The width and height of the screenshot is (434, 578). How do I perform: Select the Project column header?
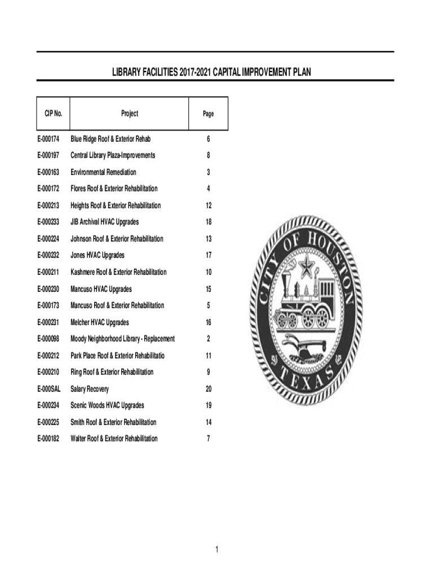pyautogui.click(x=129, y=113)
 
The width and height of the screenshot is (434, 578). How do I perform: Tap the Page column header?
pyautogui.click(x=209, y=114)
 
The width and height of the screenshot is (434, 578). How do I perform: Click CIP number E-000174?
pyautogui.click(x=49, y=139)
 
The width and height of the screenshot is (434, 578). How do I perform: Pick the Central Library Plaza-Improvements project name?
pyautogui.click(x=113, y=155)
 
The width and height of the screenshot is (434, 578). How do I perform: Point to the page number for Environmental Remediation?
pyautogui.click(x=209, y=172)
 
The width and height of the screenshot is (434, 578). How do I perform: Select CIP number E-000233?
pyautogui.click(x=49, y=222)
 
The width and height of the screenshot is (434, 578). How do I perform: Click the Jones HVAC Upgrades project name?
pyautogui.click(x=98, y=255)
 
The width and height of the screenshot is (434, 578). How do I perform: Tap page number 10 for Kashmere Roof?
pyautogui.click(x=209, y=272)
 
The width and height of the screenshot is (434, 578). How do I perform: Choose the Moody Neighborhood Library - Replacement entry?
pyautogui.click(x=122, y=339)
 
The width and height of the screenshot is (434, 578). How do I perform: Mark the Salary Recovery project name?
pyautogui.click(x=90, y=389)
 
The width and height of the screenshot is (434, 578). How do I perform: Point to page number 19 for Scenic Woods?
pyautogui.click(x=209, y=405)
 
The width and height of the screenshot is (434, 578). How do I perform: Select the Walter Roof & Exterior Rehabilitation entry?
pyautogui.click(x=114, y=439)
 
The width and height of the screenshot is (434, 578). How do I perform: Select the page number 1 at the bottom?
pyautogui.click(x=216, y=550)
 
